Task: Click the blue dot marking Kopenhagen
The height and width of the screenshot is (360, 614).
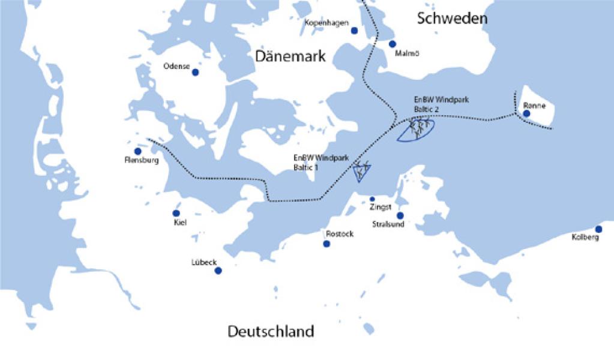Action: (354, 31)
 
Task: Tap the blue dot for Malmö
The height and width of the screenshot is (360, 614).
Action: (393, 44)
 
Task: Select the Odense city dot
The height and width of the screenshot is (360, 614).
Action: (194, 73)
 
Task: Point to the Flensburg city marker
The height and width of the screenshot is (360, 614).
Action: (137, 152)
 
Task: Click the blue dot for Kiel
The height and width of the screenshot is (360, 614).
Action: (176, 213)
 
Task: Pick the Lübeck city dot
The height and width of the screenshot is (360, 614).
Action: (218, 271)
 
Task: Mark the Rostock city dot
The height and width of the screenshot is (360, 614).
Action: (327, 244)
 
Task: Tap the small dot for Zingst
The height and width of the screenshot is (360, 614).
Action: (372, 199)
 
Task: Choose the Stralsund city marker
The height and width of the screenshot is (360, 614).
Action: (400, 215)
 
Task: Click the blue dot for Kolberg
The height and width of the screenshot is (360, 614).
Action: (598, 229)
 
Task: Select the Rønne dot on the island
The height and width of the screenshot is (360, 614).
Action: (526, 113)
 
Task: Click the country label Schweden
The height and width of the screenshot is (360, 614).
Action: (452, 19)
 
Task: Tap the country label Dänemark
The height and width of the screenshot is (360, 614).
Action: (290, 56)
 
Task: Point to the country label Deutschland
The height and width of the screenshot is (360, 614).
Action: (271, 331)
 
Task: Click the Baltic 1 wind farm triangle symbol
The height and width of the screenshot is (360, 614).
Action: (361, 172)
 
